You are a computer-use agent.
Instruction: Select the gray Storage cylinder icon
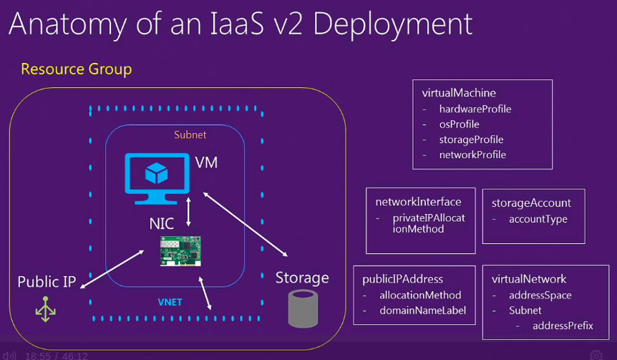(303, 308)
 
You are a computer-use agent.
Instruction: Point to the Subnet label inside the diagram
(190, 135)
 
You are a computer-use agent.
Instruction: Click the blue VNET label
(170, 302)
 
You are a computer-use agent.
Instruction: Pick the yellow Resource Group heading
(76, 69)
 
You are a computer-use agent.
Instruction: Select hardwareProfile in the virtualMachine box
(475, 110)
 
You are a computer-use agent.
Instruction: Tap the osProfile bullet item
(459, 125)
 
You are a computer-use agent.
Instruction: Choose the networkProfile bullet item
(472, 155)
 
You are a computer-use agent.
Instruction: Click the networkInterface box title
(418, 202)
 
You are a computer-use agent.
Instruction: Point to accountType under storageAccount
(538, 219)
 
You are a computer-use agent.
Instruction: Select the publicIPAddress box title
(402, 279)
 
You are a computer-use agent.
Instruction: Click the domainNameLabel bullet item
(422, 311)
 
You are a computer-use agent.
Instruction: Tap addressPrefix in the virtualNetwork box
(563, 326)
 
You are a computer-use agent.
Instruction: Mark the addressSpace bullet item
(540, 295)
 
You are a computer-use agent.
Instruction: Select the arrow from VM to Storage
(246, 223)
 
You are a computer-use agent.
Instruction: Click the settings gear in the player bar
(596, 355)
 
